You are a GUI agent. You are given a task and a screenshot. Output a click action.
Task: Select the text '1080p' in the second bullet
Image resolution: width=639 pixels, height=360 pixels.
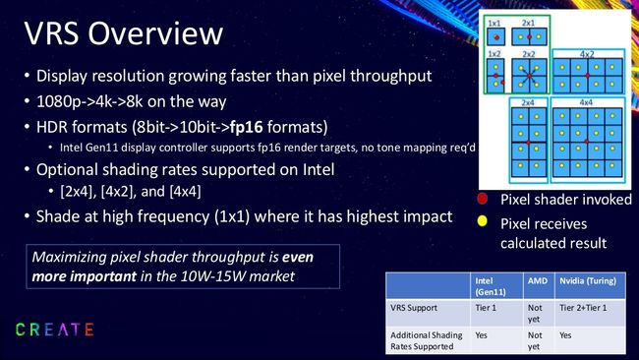coord(58,101)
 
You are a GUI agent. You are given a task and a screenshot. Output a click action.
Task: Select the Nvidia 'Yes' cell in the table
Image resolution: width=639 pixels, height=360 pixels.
coord(567,333)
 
